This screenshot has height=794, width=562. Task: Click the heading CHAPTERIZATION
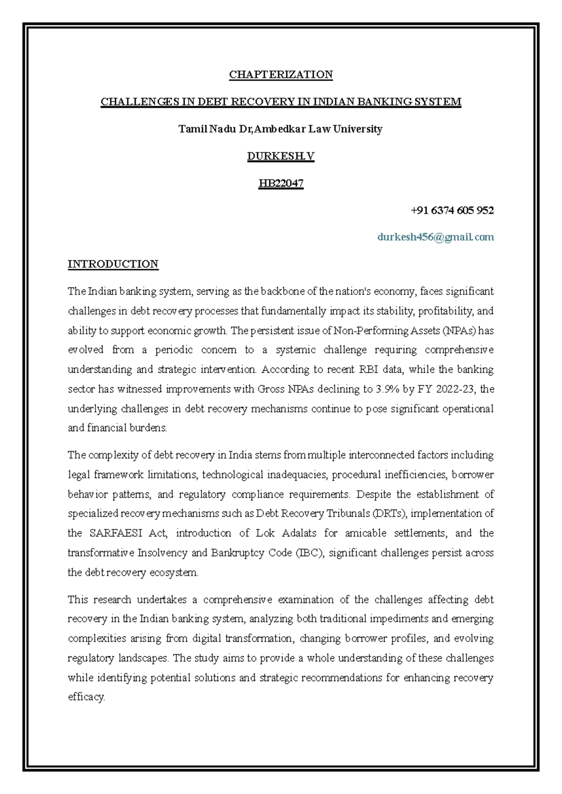point(281,74)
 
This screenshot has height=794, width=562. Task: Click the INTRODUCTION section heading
point(113,264)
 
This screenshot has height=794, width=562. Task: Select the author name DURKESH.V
point(281,156)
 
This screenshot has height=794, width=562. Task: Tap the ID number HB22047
point(281,183)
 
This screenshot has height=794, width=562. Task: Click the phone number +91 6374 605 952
point(452,210)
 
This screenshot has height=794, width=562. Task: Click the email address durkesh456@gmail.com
point(436,237)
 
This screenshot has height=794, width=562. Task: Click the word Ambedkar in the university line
point(279,129)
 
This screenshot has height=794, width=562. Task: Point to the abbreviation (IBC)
point(310,553)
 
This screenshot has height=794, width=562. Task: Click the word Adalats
point(299,533)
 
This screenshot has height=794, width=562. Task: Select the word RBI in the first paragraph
point(368,369)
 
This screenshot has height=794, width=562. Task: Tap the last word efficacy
point(86,697)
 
